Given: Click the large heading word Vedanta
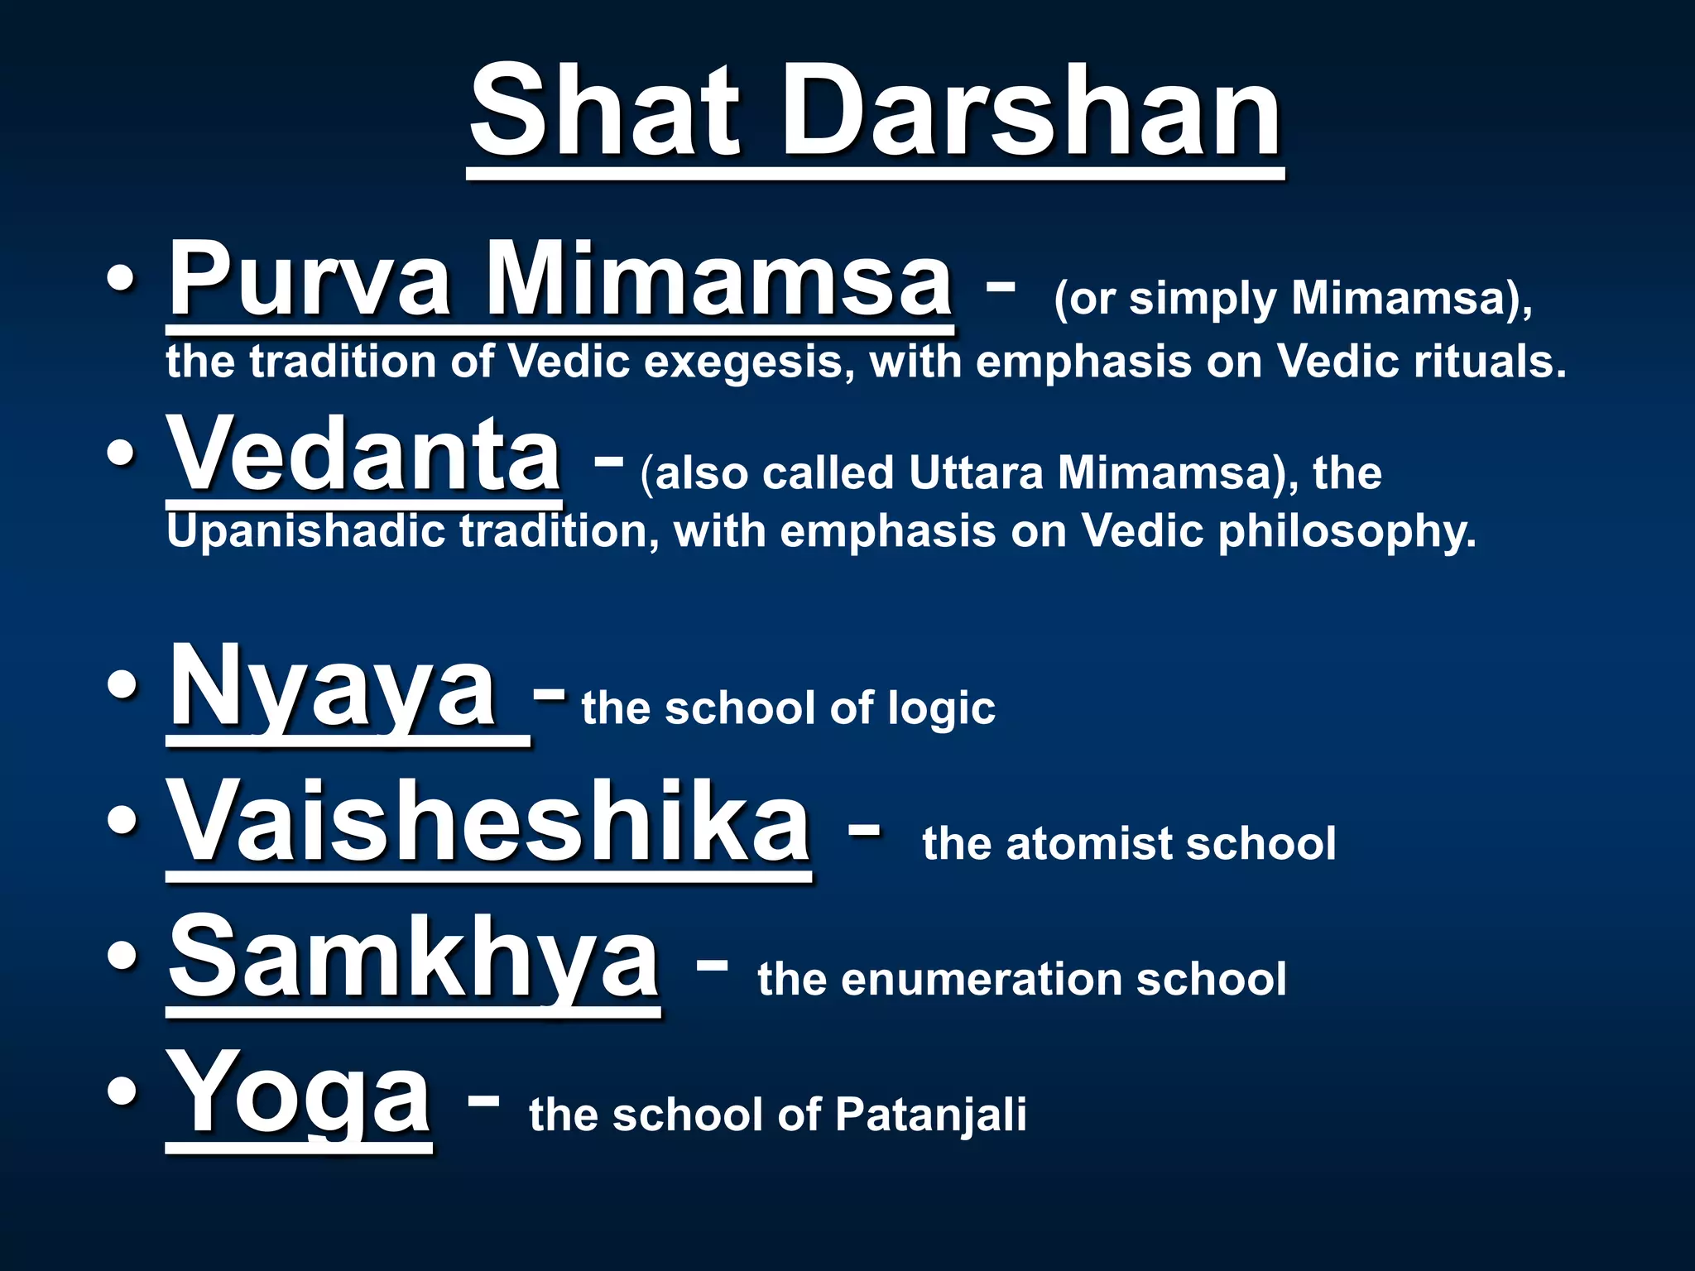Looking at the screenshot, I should pos(364,454).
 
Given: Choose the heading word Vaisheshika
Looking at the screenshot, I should pos(489,824).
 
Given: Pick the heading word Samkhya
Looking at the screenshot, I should pos(414,960).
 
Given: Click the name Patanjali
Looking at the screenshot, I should pos(930,1115).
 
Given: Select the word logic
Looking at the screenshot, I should pos(941,709).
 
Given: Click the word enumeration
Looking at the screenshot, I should pos(982,980).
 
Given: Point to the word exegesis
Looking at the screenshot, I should pos(749,362).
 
